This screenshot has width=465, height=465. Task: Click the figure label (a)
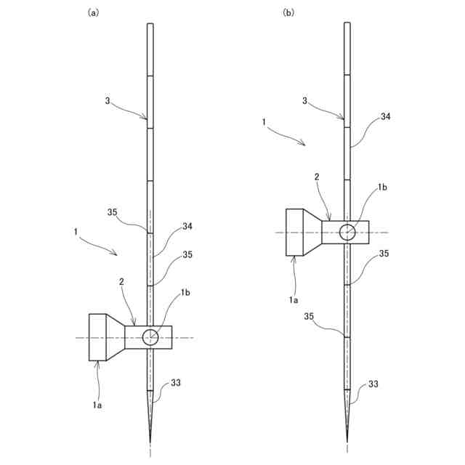click(x=93, y=12)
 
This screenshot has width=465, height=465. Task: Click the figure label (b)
click(x=289, y=12)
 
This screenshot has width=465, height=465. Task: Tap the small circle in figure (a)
click(x=150, y=337)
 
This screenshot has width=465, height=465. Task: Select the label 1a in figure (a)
click(x=97, y=405)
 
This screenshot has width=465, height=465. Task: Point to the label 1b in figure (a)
click(x=185, y=294)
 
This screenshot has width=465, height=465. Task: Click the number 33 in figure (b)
click(x=373, y=383)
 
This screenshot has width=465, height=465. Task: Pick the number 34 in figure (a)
click(x=187, y=227)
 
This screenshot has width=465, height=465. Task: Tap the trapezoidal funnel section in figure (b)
click(x=313, y=232)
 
